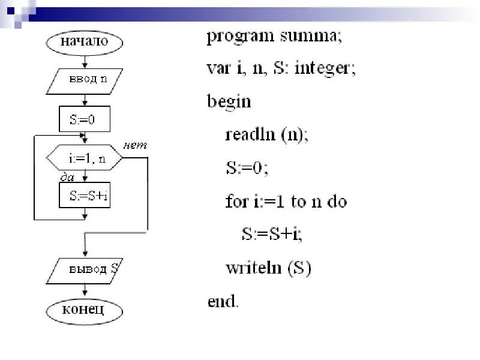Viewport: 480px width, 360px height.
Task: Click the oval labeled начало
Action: pos(85,41)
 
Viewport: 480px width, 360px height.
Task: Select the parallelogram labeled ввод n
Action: pos(85,80)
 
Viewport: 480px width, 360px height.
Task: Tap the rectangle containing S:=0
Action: pos(85,119)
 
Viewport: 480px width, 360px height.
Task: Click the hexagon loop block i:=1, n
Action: pos(85,158)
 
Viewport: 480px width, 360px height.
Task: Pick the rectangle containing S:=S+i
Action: pos(85,196)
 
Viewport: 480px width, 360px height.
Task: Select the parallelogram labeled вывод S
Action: pos(85,270)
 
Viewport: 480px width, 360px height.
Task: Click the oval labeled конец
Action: pos(85,310)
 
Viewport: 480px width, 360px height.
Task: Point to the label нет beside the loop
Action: pos(135,145)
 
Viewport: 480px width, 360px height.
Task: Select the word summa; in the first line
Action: pos(310,38)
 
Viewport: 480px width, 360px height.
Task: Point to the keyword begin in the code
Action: pos(229,100)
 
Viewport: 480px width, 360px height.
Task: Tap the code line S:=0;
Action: pos(247,168)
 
